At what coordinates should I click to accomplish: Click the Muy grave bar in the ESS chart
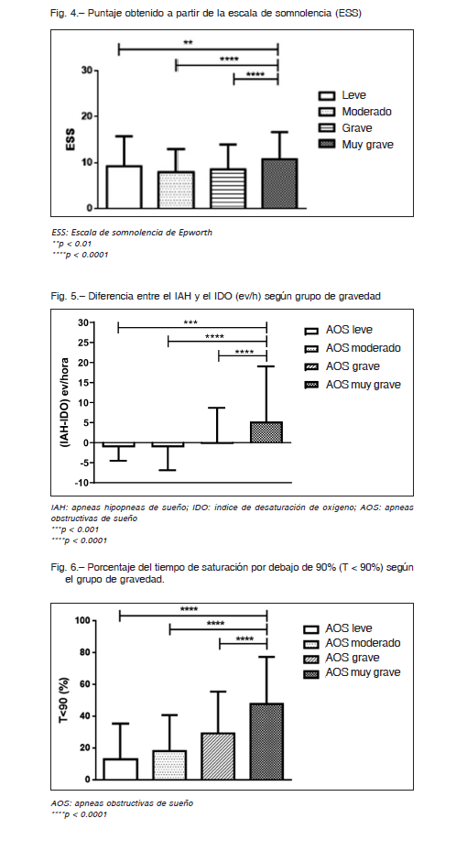tap(279, 183)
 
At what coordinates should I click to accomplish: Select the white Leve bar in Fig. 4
tap(124, 187)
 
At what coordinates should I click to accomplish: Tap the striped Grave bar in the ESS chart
tap(227, 189)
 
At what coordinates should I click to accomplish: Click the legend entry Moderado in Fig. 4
tap(366, 112)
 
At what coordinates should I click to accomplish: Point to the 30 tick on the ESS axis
tap(87, 71)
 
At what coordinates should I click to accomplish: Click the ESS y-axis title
tap(71, 139)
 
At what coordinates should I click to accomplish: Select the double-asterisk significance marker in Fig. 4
tap(189, 43)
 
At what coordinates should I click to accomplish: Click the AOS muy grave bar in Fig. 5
tap(266, 432)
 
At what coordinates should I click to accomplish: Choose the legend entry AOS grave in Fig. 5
tap(353, 366)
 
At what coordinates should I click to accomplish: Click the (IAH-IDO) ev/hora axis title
tap(64, 402)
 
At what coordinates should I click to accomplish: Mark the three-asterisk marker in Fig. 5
tap(190, 323)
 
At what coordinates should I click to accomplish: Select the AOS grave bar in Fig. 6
tap(218, 756)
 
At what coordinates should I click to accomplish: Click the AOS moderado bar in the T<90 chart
tap(169, 765)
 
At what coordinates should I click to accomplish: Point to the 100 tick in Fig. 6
tap(83, 620)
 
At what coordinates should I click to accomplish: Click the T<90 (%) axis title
tap(64, 700)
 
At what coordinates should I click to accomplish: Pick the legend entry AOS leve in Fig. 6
tap(348, 628)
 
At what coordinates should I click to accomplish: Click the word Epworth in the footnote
tap(195, 233)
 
